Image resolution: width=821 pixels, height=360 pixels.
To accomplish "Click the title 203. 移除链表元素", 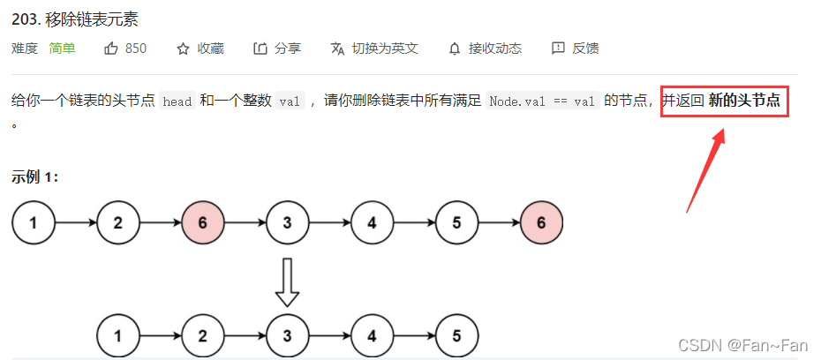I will (75, 19).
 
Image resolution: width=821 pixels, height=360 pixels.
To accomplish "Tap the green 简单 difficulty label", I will (62, 49).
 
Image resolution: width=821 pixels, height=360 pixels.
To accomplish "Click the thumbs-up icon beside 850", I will (111, 49).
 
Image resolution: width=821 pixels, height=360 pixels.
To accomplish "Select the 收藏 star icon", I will (184, 49).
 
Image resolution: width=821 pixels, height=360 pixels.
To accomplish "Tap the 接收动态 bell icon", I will (455, 49).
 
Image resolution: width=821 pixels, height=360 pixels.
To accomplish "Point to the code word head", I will (177, 101).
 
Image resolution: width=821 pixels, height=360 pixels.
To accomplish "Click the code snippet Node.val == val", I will (542, 101).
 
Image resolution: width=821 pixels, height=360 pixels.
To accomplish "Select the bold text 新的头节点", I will (744, 101).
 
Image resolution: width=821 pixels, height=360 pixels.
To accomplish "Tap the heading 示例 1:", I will (35, 176).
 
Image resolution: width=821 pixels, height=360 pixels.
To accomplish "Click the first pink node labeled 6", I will (203, 222).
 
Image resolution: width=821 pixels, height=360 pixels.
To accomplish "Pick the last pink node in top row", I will (541, 222).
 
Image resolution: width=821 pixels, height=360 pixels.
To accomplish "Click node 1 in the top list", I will (34, 222).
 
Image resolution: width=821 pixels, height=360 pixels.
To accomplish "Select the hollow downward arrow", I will (287, 281).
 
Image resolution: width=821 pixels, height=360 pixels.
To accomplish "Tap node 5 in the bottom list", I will (456, 335).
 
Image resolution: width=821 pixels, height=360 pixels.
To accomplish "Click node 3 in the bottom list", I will (287, 335).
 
